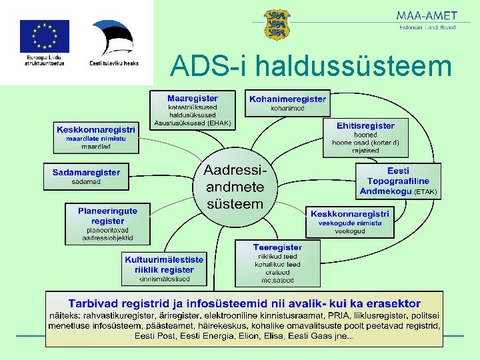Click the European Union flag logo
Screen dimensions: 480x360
pos(44,36)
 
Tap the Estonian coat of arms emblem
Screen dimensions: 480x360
pos(277,25)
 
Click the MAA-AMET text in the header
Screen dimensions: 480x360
pos(427,15)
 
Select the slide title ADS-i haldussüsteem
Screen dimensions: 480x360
pos(311,66)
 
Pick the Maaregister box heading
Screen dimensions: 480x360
pos(192,98)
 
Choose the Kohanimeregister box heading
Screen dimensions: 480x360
pos(287,99)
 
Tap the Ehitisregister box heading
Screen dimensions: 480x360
pos(365,125)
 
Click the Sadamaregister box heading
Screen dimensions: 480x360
pos(86,172)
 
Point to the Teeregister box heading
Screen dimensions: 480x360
pos(277,247)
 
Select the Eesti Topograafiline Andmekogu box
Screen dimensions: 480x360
pos(398,181)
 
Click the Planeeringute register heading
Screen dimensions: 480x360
pos(107,215)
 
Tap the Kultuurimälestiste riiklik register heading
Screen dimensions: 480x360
pos(164,265)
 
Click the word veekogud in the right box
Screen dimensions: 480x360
pos(349,231)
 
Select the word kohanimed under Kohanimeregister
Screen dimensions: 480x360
pos(287,108)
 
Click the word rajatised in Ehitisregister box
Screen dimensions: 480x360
pos(365,151)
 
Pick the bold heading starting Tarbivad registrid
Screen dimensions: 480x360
pos(244,303)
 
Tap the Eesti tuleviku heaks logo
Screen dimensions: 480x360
pos(113,40)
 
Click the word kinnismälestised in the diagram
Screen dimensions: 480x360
pos(164,279)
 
